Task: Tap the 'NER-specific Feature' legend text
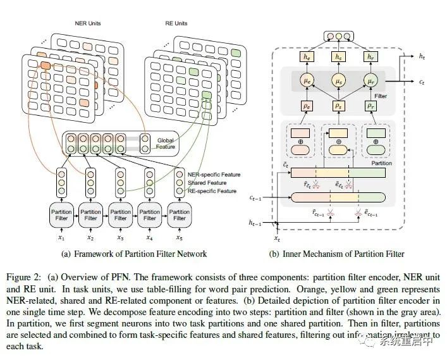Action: [214, 174]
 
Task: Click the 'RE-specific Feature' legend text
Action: [213, 190]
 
